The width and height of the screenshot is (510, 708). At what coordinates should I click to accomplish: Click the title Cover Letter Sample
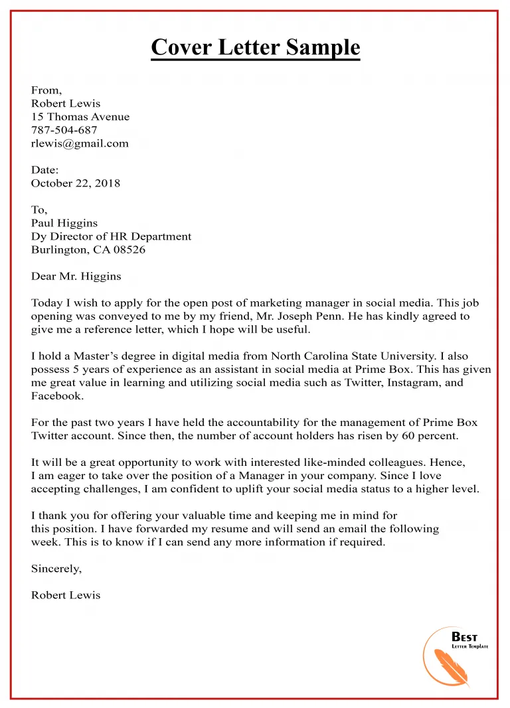(255, 48)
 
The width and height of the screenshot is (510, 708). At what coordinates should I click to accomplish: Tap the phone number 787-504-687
(64, 130)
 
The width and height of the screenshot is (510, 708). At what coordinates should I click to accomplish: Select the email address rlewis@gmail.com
(80, 143)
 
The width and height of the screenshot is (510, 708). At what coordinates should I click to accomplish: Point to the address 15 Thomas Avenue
(80, 117)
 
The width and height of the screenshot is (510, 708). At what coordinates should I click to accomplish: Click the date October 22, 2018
(76, 183)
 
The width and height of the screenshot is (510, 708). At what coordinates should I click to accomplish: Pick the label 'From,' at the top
(46, 90)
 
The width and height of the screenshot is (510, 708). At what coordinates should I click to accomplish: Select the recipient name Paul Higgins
(64, 223)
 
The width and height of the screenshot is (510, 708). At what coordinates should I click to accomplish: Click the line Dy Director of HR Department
(111, 236)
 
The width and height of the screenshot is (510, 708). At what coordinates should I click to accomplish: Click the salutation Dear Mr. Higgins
(76, 276)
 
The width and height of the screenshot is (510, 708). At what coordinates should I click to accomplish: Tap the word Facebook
(57, 396)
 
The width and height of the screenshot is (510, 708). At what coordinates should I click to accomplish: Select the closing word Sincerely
(56, 569)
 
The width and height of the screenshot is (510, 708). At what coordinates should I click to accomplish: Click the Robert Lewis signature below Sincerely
(66, 595)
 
